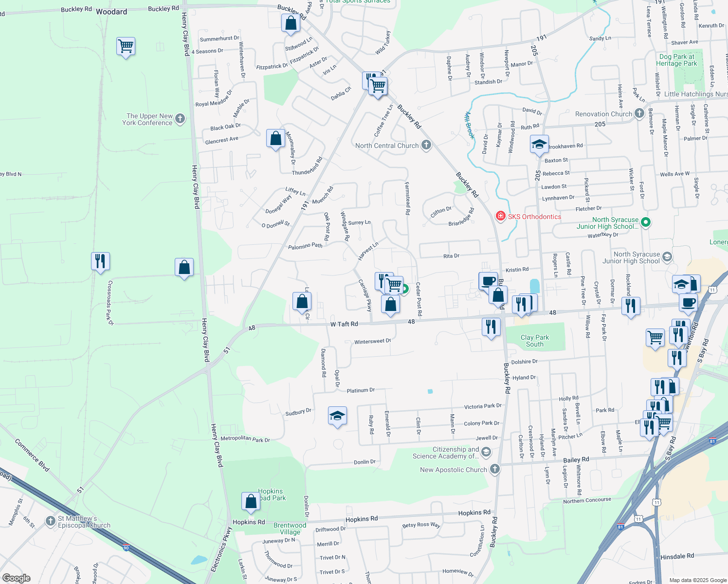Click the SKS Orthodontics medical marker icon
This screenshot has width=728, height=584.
coord(500,216)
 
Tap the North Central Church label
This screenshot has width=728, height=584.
coord(387,146)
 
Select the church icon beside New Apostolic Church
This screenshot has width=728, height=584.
coord(494,469)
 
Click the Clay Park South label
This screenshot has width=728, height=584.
coord(534,341)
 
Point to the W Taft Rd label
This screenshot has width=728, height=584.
coord(344,324)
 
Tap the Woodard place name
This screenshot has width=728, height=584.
coord(111,12)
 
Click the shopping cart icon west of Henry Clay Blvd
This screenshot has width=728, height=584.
coord(126,47)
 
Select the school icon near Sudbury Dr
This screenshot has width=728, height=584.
coord(337,416)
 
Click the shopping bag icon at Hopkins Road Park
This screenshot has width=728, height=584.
coord(251,501)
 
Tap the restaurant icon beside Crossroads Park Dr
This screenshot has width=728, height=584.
coord(100,262)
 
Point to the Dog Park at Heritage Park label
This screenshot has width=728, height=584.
coord(676,60)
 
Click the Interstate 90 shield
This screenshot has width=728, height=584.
coord(126,547)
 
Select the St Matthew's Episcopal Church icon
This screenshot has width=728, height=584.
coord(50,521)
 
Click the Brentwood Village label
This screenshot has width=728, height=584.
coord(290,529)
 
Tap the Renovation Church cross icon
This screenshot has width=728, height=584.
coord(639,113)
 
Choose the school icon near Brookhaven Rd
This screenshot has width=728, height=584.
coord(539,145)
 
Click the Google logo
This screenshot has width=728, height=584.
coord(16,578)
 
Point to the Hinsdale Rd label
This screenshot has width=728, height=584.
coord(677,556)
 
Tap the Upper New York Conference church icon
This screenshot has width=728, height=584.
coord(180,119)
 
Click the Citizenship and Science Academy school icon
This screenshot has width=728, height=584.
coord(486,453)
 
